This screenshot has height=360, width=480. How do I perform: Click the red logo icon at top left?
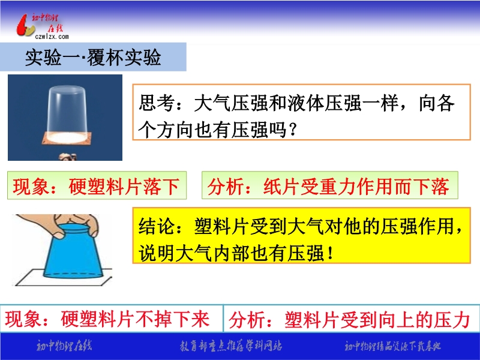pos(25,26)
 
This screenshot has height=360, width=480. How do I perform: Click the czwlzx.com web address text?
pos(52,37)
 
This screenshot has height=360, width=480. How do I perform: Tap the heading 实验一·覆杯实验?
pos(93,57)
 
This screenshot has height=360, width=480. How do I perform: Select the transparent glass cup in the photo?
pos(67,112)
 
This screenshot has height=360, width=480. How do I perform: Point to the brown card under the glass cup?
pos(67,139)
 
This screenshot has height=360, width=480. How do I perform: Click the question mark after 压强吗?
pos(293,130)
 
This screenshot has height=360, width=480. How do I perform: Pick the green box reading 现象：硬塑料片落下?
pos(97,185)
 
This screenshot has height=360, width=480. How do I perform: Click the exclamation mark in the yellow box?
pos(330,253)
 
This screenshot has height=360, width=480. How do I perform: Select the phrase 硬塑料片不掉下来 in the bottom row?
pos(136,319)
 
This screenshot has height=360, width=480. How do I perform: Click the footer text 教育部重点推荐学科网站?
pos(231,346)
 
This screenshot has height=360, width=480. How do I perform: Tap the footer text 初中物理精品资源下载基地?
pos(392,346)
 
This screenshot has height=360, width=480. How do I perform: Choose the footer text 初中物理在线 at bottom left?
pos(64,346)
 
